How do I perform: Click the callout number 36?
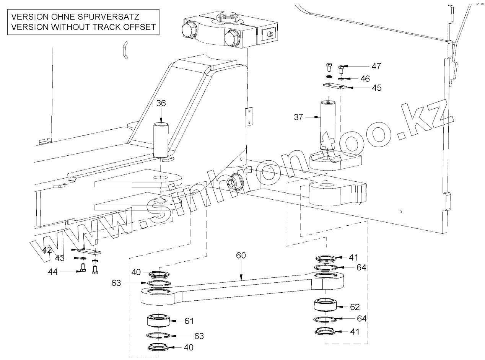pyautogui.click(x=161, y=103)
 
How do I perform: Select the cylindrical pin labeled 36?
pyautogui.click(x=161, y=140)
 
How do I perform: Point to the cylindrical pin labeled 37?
pyautogui.click(x=327, y=126)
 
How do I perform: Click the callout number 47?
pyautogui.click(x=376, y=67)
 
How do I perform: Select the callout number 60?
pyautogui.click(x=241, y=256)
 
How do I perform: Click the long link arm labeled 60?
pyautogui.click(x=245, y=285)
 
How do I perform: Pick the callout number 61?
pyautogui.click(x=189, y=321)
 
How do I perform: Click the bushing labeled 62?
pyautogui.click(x=325, y=305)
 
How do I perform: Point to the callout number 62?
pyautogui.click(x=355, y=307)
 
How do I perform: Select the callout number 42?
pyautogui.click(x=47, y=250)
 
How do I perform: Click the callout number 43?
pyautogui.click(x=60, y=258)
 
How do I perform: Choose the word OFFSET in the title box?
pyautogui.click(x=138, y=27)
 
